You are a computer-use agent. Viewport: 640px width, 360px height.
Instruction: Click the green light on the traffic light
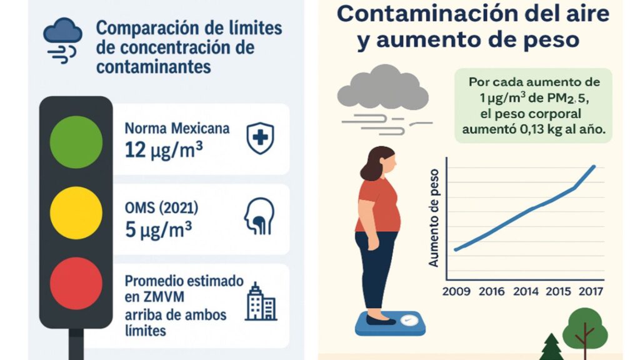(76, 142)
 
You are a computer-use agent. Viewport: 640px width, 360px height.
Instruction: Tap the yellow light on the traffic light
(76, 212)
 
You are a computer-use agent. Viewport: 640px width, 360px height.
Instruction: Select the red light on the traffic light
(76, 283)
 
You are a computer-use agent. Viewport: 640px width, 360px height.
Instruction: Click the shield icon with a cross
(259, 138)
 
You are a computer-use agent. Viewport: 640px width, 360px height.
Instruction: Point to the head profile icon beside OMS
(259, 216)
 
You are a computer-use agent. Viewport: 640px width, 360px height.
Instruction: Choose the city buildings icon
(260, 301)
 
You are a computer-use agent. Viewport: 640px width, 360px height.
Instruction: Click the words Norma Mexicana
(177, 129)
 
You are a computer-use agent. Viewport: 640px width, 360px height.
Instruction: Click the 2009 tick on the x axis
(456, 291)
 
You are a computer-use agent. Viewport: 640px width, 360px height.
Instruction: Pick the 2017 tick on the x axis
(591, 291)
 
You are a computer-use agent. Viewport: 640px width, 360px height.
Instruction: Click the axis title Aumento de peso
(434, 219)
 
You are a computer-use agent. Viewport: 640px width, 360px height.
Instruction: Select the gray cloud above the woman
(382, 90)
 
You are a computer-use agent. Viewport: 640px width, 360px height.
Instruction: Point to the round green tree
(585, 328)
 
